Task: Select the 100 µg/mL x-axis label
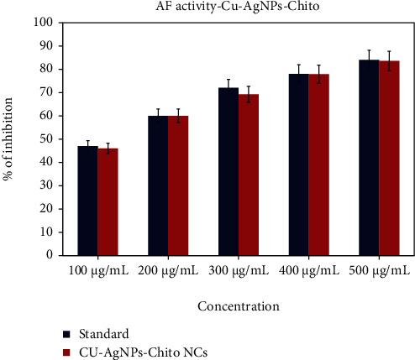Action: pyautogui.click(x=97, y=271)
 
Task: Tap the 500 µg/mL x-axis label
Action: pyautogui.click(x=379, y=271)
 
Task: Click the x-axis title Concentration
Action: pyautogui.click(x=238, y=306)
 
